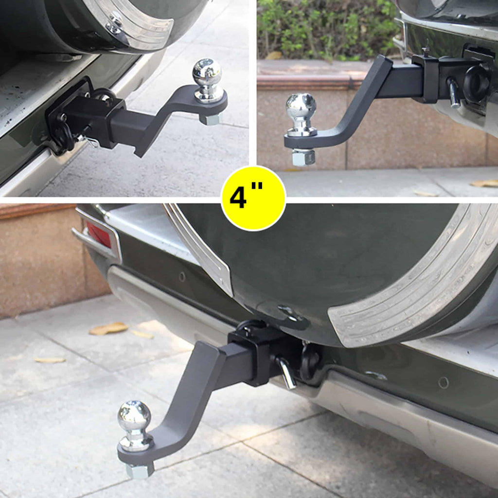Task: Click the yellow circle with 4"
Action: coord(253,198)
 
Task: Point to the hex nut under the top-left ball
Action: coord(210,118)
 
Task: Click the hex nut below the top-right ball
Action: coord(303,157)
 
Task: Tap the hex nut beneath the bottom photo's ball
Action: coord(140,470)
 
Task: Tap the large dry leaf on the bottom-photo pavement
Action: coord(109,329)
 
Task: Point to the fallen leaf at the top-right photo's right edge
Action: coord(484,183)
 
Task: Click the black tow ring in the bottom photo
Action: coord(310,362)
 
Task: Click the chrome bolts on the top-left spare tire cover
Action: coord(115,22)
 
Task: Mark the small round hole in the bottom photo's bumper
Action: coord(443,382)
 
